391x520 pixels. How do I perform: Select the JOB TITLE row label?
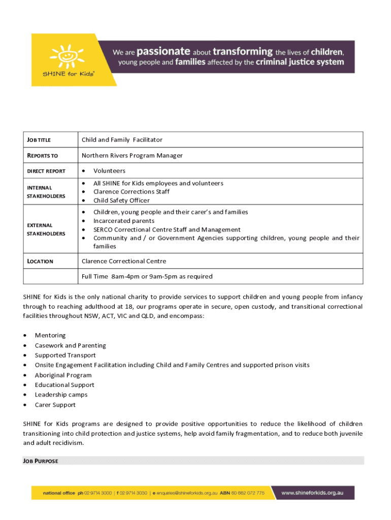39,140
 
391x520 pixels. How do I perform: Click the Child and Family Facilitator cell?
122,140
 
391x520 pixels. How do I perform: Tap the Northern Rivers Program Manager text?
132,155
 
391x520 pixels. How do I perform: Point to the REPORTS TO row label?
42,156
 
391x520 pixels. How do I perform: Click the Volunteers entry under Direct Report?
109,171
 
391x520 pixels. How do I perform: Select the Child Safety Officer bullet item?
121,201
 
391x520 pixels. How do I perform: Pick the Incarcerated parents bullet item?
124,221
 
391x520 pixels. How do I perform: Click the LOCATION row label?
40,262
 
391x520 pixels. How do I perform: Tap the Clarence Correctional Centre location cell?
124,261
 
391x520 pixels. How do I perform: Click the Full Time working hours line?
147,277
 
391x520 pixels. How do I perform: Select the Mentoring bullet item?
50,336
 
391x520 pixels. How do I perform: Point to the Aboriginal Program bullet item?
63,375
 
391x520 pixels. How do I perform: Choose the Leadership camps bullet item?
61,395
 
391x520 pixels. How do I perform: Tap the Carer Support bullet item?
55,405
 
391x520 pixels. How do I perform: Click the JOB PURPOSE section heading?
41,461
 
